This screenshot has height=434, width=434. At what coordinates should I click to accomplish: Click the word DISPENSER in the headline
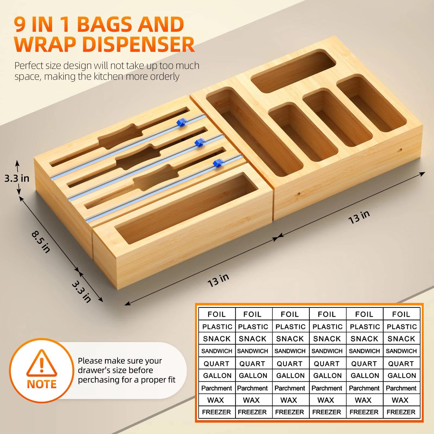tap(138, 45)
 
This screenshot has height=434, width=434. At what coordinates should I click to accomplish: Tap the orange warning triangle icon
tap(42, 363)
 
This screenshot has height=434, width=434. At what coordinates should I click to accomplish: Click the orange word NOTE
tap(42, 384)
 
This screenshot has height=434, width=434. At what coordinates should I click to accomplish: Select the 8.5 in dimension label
tap(41, 241)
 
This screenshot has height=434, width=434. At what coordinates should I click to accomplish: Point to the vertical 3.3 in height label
tap(17, 178)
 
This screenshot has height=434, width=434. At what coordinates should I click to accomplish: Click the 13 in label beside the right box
tap(359, 217)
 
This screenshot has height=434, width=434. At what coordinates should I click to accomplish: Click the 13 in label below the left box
tap(218, 280)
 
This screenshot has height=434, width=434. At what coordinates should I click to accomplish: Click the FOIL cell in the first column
tap(216, 314)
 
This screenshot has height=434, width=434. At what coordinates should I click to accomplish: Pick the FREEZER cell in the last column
tap(401, 412)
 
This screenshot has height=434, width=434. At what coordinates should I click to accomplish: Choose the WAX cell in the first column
tap(216, 400)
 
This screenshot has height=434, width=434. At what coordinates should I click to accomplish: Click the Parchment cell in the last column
tap(401, 388)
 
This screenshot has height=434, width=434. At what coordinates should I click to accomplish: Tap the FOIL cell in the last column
tap(401, 314)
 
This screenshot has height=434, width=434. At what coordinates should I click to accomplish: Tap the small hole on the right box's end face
tap(400, 149)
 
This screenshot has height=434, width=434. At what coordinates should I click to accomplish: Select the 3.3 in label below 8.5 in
tap(81, 292)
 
